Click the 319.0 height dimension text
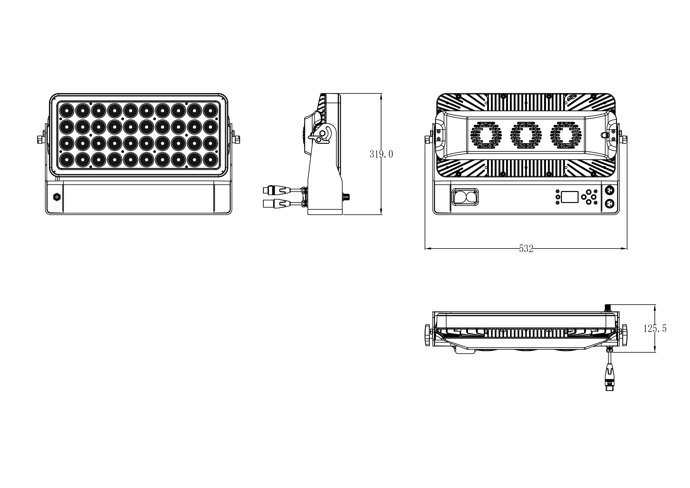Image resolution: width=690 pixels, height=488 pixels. coord(381,154)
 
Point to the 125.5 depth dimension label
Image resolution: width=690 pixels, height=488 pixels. coord(655,329)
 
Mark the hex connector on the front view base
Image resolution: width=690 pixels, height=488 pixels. coord(56,197)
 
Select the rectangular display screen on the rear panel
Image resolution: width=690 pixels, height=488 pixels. coord(569,197)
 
